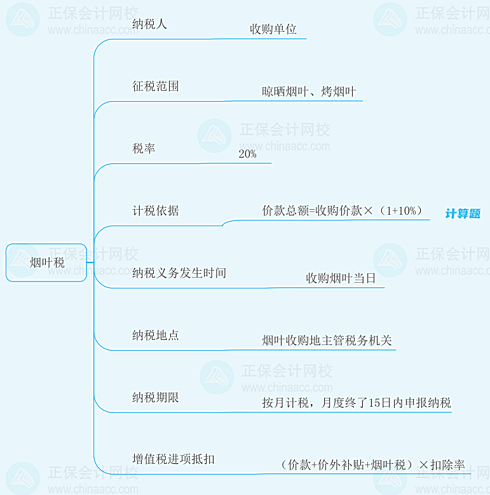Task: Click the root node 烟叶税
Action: (47, 262)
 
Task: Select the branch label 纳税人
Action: (150, 24)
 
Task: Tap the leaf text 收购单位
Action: (273, 29)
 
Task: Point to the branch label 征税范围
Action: (156, 86)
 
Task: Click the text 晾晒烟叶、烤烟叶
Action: (309, 92)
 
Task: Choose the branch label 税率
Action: (144, 148)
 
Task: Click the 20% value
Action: (247, 154)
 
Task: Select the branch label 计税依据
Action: (156, 210)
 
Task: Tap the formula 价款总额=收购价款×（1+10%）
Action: (342, 211)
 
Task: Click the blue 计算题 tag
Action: (463, 214)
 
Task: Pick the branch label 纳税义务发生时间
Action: (179, 273)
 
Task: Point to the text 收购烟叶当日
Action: (341, 278)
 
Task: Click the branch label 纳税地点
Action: (156, 335)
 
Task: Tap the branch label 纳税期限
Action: (156, 397)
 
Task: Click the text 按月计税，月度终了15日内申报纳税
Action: (357, 403)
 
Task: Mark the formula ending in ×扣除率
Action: (372, 465)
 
